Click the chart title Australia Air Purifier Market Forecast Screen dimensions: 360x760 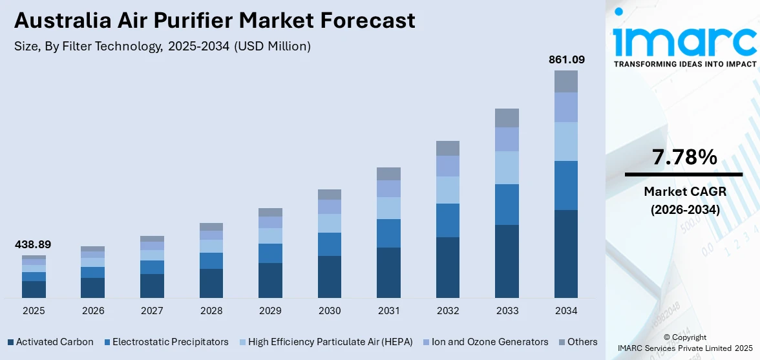(215, 21)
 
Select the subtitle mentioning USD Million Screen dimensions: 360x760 (162, 47)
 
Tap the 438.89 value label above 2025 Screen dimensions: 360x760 (33, 244)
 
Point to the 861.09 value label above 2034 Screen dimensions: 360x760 (566, 59)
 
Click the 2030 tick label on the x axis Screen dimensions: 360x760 (330, 311)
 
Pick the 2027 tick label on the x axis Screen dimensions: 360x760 (152, 311)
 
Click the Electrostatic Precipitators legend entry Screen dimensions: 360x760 (166, 342)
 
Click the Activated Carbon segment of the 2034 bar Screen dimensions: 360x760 (566, 253)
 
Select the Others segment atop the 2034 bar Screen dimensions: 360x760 (566, 81)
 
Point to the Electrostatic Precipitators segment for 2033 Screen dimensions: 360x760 (507, 204)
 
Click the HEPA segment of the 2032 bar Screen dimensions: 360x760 (448, 190)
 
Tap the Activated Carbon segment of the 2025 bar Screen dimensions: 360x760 (34, 289)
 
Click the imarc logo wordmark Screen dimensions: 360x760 (684, 40)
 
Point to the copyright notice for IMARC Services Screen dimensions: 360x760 (684, 343)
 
